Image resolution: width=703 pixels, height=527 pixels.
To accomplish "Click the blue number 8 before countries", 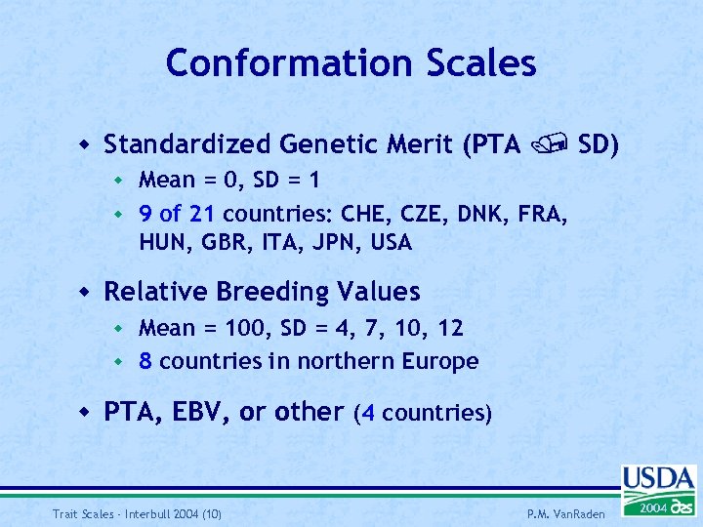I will click(x=145, y=361).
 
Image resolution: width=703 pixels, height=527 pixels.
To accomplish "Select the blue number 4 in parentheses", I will click(x=366, y=413).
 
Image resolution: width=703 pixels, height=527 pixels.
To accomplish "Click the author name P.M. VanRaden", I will click(x=567, y=512).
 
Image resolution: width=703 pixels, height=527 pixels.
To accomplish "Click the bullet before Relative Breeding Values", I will click(x=86, y=292).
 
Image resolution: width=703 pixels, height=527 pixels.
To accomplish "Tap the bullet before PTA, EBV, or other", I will click(x=86, y=412).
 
